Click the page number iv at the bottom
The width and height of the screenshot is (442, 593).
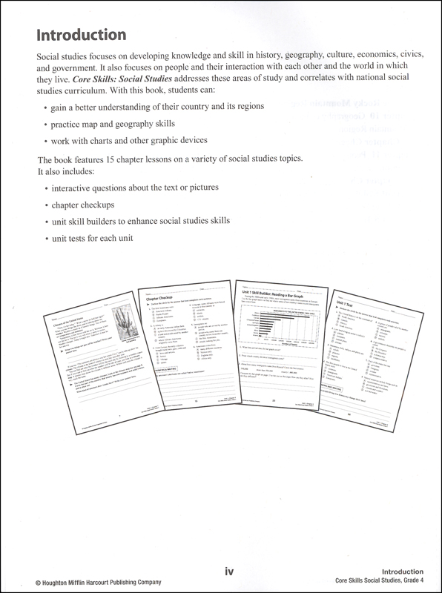pyautogui.click(x=230, y=572)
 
